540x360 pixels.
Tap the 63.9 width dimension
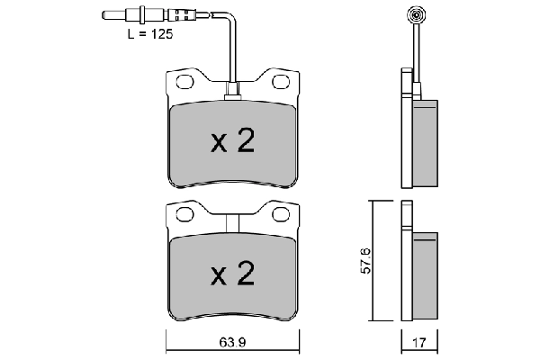tap(233, 343)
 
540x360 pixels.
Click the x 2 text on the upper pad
tap(232, 140)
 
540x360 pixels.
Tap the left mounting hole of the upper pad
tap(186, 83)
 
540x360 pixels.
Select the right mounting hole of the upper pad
tap(279, 83)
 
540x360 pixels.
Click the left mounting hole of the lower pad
tap(186, 214)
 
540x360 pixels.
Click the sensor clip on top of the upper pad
tap(232, 89)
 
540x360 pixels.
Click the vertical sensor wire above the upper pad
tap(232, 54)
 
